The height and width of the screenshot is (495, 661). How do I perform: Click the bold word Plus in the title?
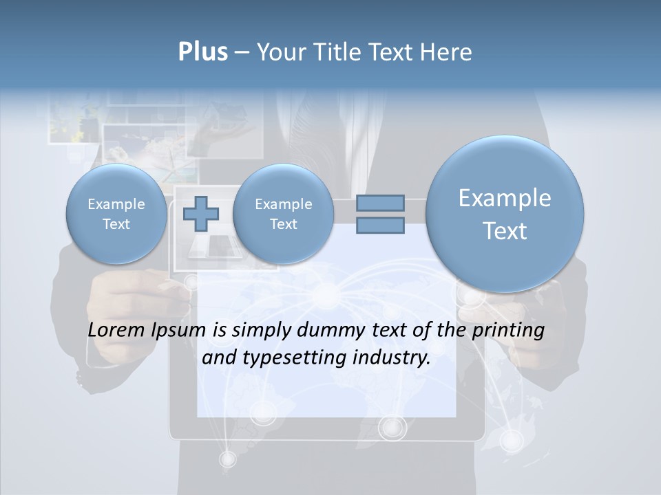pos(202,52)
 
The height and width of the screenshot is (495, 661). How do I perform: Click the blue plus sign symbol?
pos(201,213)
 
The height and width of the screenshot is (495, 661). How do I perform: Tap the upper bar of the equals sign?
pos(380,203)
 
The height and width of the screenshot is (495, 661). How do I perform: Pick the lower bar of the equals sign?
pos(380,226)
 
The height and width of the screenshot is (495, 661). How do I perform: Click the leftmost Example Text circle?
pos(116,214)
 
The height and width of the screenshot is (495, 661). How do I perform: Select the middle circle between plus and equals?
pos(283,214)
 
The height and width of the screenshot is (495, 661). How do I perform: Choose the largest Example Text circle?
pos(505,214)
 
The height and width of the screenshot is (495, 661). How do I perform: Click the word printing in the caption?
pos(507,331)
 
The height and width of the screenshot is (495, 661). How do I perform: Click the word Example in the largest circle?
pos(505,198)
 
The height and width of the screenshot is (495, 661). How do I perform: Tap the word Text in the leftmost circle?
pos(116,224)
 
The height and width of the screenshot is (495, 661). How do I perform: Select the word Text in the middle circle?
pos(283,224)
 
